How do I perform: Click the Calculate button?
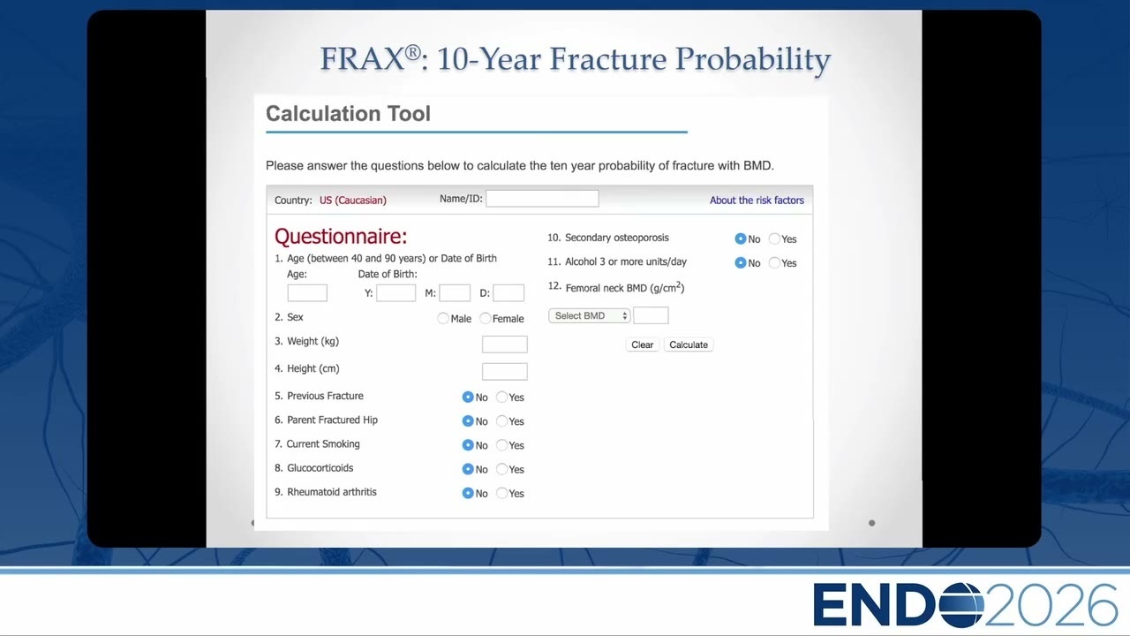point(688,344)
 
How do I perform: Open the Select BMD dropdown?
point(589,315)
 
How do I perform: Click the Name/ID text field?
point(542,199)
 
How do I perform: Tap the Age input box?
point(307,292)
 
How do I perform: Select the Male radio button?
point(443,318)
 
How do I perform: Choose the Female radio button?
point(485,318)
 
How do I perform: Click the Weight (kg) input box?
point(504,344)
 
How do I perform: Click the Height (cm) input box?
point(504,372)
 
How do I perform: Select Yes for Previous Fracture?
point(501,397)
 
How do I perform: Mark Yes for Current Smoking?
point(501,444)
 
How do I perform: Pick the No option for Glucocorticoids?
point(468,469)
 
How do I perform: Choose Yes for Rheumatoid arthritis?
point(501,493)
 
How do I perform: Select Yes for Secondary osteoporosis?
point(774,238)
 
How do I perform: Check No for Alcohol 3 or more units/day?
point(740,262)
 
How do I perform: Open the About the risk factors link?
point(757,201)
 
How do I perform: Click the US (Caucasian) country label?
point(352,201)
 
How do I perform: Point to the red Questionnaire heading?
point(341,236)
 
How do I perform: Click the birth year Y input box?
point(396,292)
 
